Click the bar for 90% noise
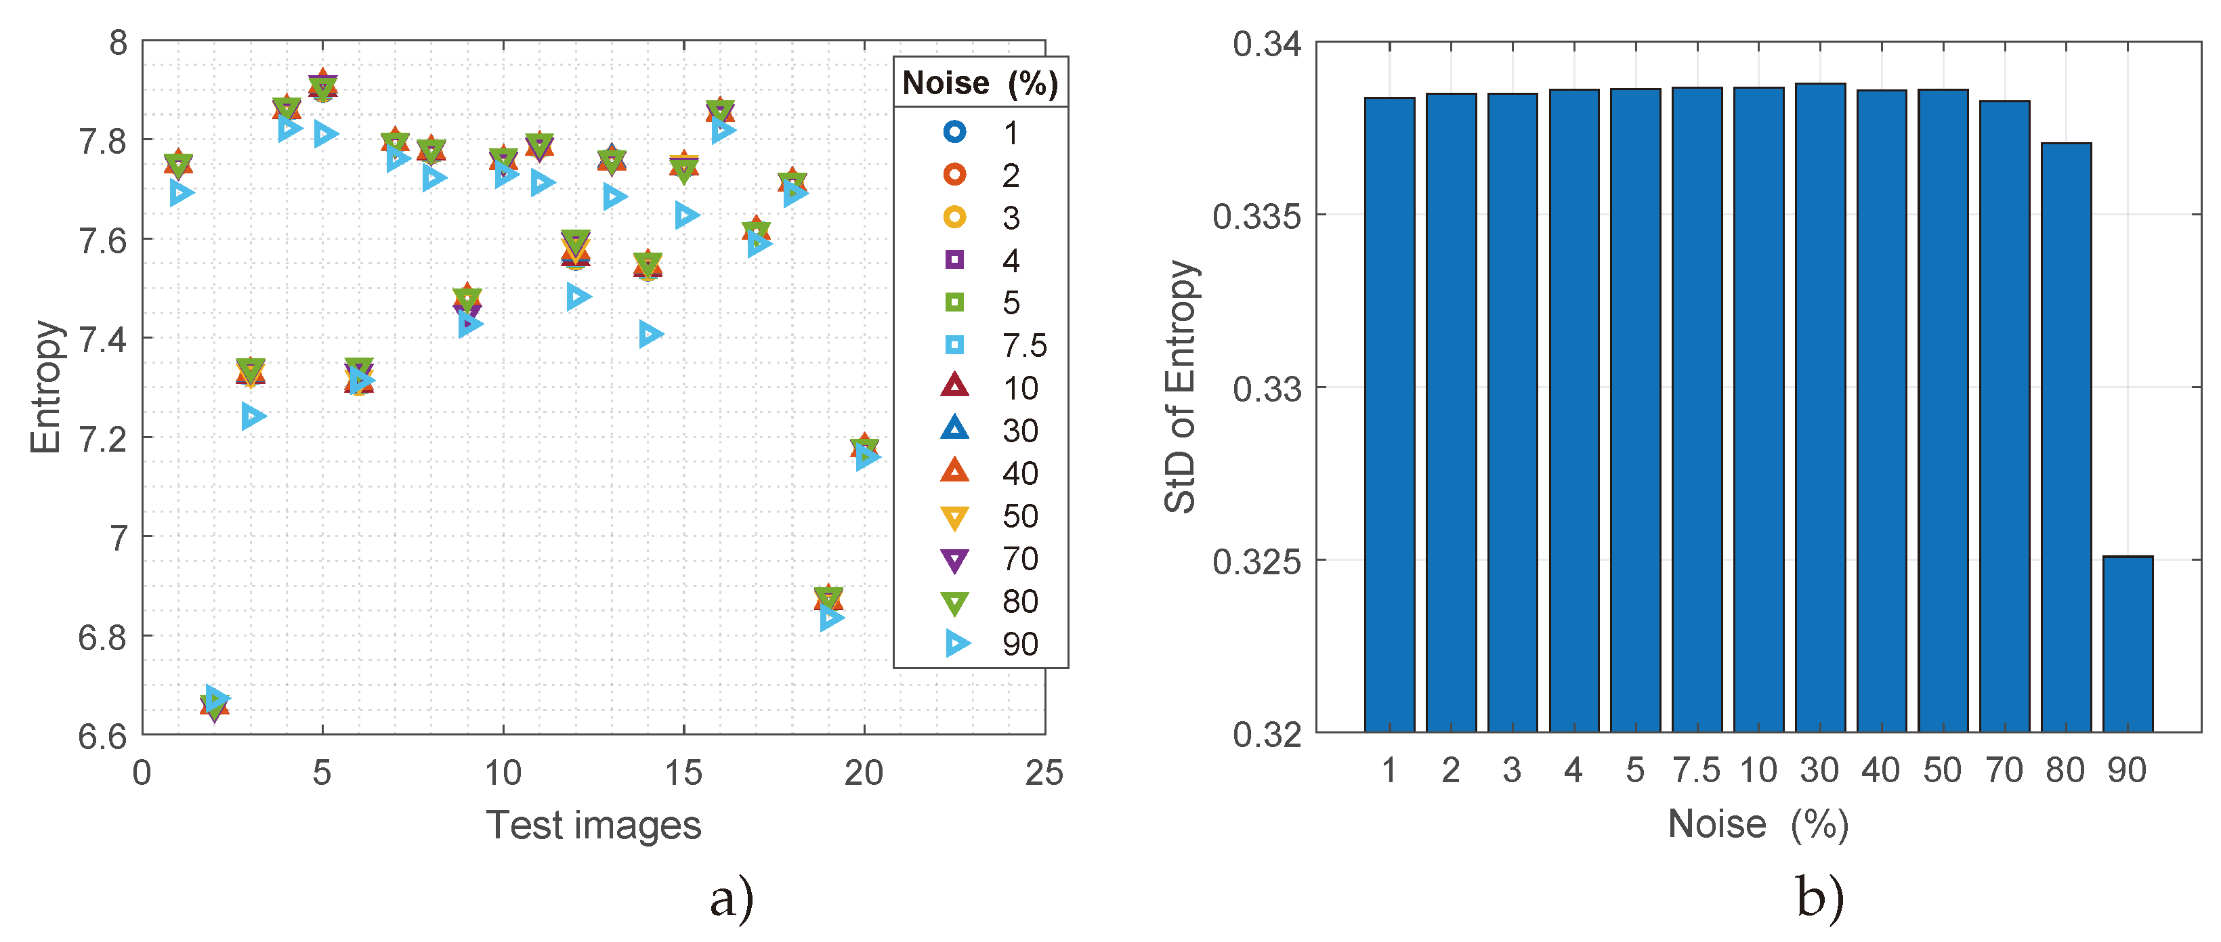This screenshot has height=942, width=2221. coord(2127,644)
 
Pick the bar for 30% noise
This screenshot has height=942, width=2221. coord(1820,407)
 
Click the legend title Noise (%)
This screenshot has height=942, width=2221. coord(980,83)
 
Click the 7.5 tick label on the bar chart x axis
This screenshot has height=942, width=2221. coord(1696,769)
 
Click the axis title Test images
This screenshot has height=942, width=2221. coord(593,825)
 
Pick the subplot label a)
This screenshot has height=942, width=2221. coord(731,898)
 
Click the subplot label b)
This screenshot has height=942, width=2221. coord(1819,898)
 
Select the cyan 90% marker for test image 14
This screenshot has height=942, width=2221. coord(651,334)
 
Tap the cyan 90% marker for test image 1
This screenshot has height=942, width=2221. coord(181,192)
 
